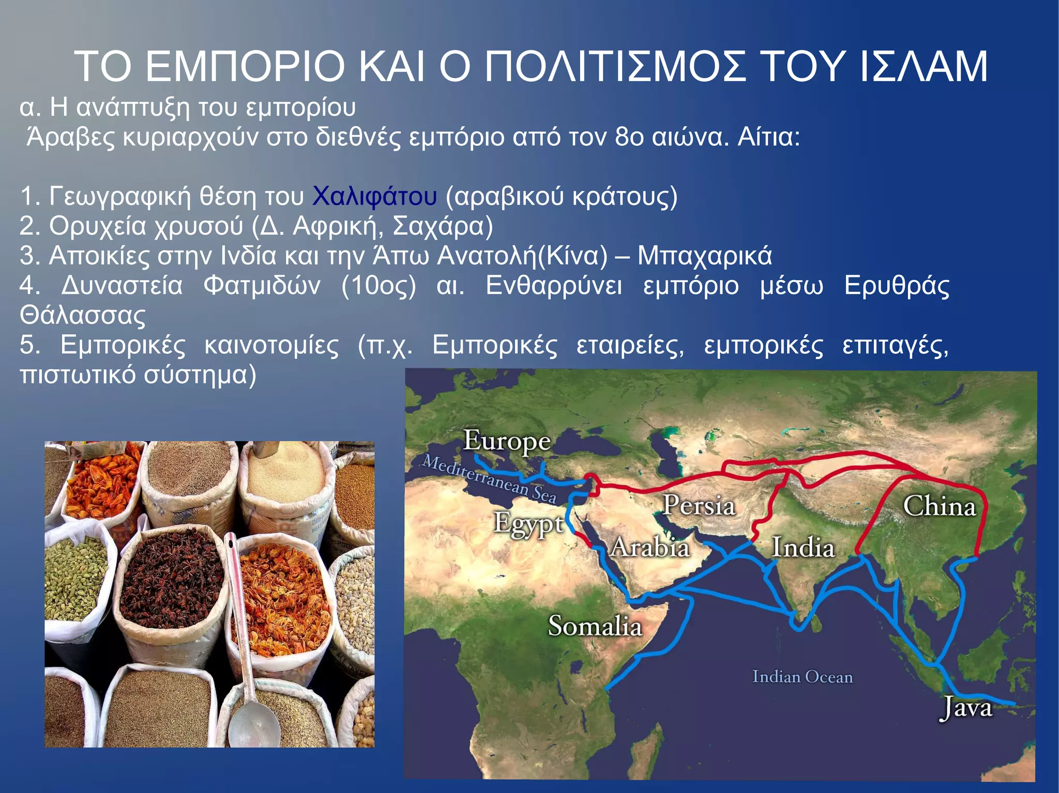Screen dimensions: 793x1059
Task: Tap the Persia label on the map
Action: tap(699, 505)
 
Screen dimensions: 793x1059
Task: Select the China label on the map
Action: tap(939, 506)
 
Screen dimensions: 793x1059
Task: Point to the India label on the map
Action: tap(803, 547)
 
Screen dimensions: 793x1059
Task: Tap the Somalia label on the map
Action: tap(595, 626)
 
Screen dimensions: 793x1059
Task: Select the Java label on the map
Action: tap(965, 708)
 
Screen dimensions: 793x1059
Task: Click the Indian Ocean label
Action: tap(802, 677)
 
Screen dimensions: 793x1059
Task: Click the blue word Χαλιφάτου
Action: tap(374, 196)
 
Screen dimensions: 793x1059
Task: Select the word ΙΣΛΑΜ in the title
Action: tap(924, 67)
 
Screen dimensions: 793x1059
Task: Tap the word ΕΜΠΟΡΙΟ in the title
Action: tap(245, 67)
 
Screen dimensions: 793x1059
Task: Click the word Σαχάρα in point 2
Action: tap(443, 226)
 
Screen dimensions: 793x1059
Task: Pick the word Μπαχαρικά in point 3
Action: tap(704, 256)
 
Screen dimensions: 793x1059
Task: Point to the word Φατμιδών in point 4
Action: tap(262, 286)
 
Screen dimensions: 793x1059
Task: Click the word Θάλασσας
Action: tap(83, 316)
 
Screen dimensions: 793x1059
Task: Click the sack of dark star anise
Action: tap(171, 579)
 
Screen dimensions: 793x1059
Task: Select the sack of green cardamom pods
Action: tap(75, 579)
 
